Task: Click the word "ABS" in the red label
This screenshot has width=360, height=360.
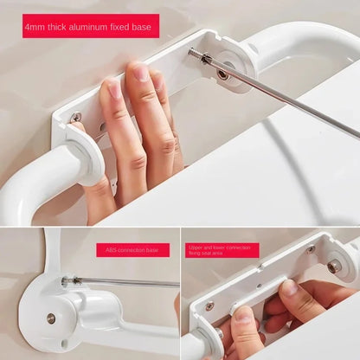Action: coord(106,250)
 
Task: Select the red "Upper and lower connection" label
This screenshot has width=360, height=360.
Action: coord(220,250)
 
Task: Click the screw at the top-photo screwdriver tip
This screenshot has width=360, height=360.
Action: coord(207,59)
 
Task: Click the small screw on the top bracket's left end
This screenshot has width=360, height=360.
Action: coord(76,117)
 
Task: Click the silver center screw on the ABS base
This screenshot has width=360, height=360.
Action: coord(51,318)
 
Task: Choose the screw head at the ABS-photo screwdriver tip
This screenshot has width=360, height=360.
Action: coord(65,280)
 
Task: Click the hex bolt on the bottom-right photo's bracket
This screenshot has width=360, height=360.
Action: coord(333,267)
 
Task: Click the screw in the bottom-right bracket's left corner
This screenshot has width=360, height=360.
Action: coord(209,305)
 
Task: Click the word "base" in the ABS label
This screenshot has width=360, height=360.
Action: coord(155,250)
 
